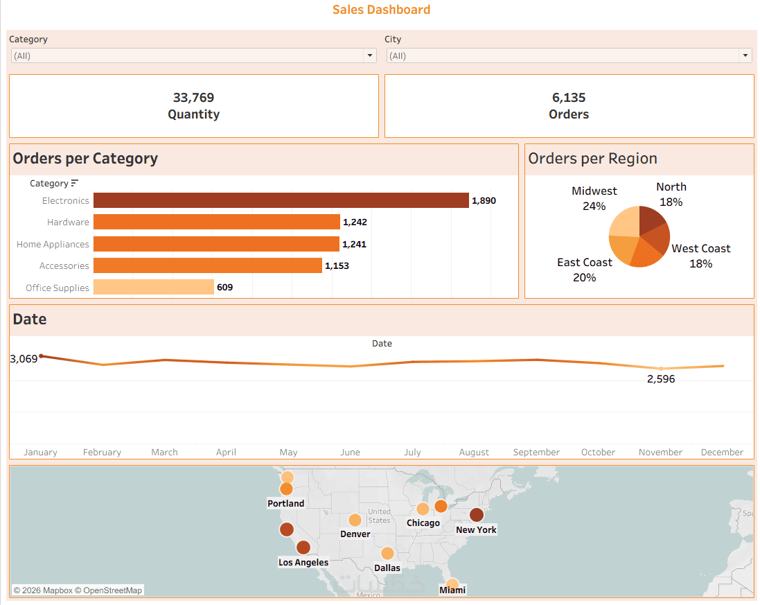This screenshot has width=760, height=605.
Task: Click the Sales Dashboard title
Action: (381, 10)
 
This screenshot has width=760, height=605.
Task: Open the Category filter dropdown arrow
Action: (370, 56)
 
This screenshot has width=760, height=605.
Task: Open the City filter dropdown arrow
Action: (745, 56)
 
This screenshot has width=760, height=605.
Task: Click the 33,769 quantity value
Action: (193, 98)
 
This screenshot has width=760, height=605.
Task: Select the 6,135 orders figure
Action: (569, 98)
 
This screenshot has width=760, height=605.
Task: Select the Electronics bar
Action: (281, 200)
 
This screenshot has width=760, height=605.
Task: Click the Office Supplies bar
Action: (153, 287)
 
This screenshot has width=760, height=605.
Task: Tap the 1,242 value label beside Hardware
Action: (355, 222)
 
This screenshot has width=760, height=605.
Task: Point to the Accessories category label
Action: (64, 266)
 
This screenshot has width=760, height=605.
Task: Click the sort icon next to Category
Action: (75, 184)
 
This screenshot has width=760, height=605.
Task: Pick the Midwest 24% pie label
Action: (594, 198)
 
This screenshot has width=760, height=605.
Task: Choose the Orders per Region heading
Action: (592, 159)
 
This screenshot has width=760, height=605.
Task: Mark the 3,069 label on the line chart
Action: (24, 359)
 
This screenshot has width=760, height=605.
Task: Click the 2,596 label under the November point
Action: (660, 379)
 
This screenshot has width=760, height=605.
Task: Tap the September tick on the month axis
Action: (536, 452)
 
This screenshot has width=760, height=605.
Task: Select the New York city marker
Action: (477, 515)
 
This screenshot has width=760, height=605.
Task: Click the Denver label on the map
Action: (355, 534)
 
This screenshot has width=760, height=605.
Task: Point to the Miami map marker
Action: (452, 584)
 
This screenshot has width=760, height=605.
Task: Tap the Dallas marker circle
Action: (387, 553)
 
